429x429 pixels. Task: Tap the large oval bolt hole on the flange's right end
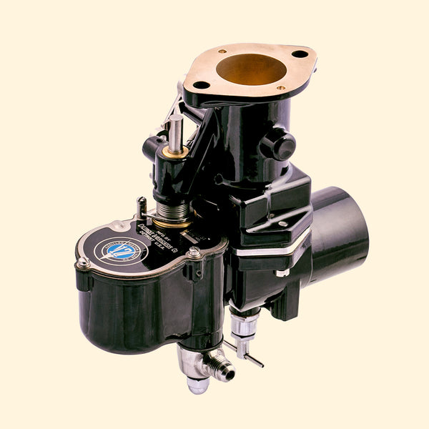point(300,54)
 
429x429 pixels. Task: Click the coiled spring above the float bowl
point(174,212)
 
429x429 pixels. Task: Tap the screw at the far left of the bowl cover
point(84,262)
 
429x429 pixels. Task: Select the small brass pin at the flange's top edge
point(222,51)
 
